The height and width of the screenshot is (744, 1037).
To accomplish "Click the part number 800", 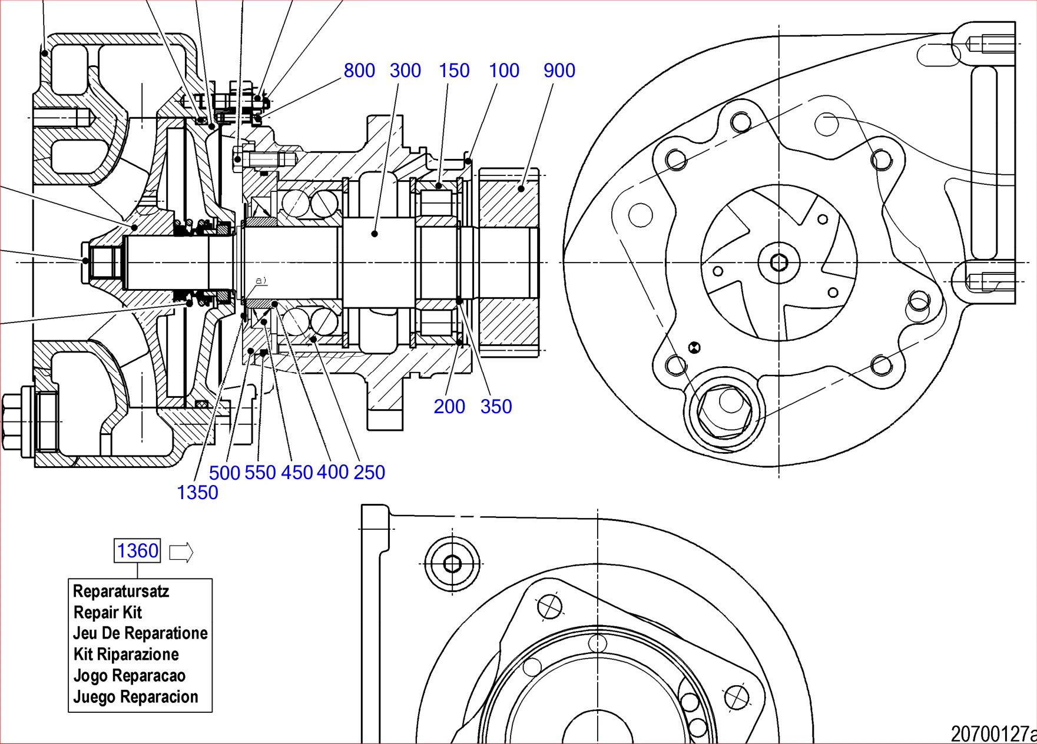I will point(359,71).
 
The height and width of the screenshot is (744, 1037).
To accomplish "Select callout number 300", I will point(405,71).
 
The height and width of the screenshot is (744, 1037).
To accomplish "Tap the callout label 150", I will point(454,71).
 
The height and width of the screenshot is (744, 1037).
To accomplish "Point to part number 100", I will point(504,71).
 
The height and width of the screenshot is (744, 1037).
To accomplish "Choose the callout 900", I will point(559,71).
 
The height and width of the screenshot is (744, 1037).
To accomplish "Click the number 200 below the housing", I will point(449,406).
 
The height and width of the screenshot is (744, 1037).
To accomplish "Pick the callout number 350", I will point(496,406).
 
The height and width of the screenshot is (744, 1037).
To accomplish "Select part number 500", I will point(224,473).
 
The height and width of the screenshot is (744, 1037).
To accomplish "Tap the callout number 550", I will point(260,472).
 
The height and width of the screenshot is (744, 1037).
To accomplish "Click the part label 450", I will point(297,472).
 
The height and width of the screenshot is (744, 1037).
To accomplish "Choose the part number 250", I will point(369,472).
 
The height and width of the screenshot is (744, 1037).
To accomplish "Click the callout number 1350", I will point(197,492).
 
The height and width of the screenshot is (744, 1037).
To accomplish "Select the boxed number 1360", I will point(137,551).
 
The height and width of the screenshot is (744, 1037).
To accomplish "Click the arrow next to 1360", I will point(181,552).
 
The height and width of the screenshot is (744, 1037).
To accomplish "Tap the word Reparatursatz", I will point(121,591).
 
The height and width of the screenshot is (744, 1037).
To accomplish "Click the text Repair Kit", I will point(108,612).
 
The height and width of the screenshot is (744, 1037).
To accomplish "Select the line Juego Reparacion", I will point(135,697).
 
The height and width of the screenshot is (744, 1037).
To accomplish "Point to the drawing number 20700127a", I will point(993,734).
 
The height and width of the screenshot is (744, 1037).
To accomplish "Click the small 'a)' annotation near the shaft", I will point(261,281).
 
